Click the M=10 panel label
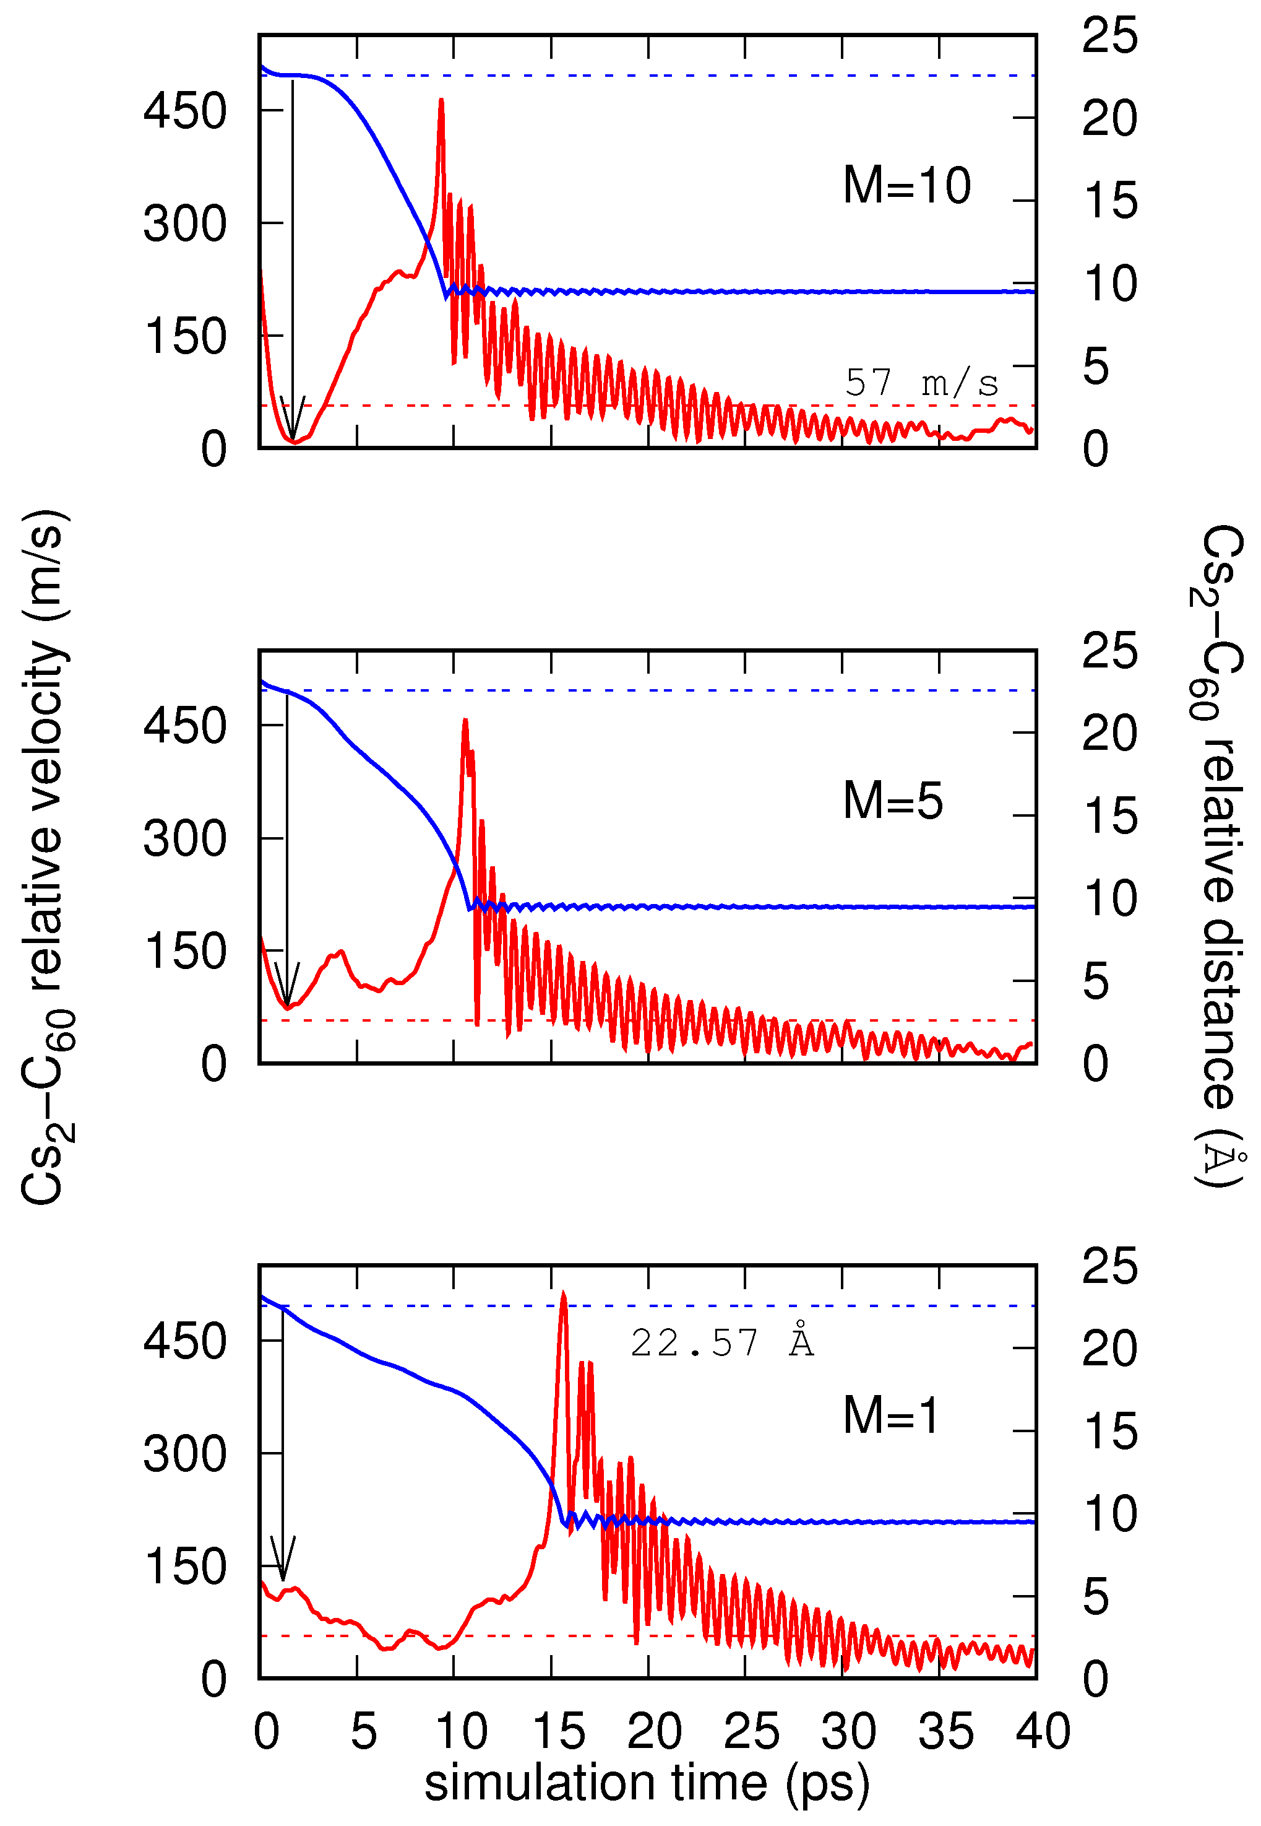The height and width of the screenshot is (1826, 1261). point(906,186)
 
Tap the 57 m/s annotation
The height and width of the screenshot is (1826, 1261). point(921,383)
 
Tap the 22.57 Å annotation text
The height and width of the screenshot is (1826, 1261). point(721,1343)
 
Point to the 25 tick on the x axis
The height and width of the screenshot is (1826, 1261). point(751,1731)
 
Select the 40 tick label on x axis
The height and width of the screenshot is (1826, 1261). point(1042,1731)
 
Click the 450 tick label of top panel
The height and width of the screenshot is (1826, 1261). point(185,111)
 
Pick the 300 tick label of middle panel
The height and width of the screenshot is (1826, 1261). point(185,838)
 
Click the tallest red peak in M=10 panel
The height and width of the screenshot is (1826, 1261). point(441,101)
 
